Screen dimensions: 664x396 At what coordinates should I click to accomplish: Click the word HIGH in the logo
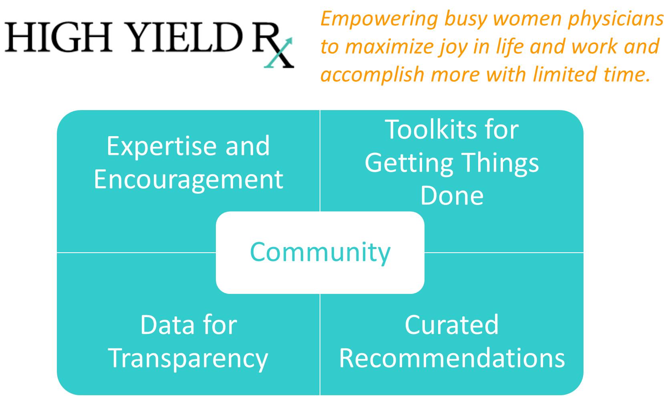(x=58, y=37)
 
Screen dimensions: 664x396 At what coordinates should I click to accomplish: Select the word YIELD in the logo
(x=185, y=37)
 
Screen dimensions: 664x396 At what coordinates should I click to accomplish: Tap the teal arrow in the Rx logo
(x=278, y=53)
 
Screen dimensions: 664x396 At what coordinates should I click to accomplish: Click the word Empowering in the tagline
(x=379, y=20)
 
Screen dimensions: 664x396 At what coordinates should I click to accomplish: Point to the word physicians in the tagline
(x=616, y=20)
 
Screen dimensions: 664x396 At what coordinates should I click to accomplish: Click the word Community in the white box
(x=320, y=253)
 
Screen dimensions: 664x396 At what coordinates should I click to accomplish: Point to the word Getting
(x=409, y=164)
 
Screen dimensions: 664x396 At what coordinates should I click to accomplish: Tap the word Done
(x=452, y=196)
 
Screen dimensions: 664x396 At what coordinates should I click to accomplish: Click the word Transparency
(x=188, y=359)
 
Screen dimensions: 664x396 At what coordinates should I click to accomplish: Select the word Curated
(x=452, y=325)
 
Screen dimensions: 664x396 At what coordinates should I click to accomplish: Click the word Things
(x=500, y=164)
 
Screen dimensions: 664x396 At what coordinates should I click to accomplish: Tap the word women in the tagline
(x=527, y=20)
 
